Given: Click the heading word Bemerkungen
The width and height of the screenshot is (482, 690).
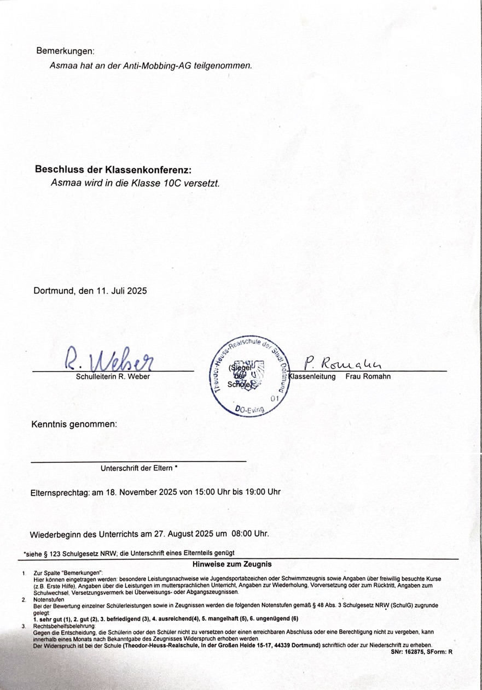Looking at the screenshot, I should (x=65, y=51).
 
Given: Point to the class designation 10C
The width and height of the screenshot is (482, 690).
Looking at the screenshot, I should (x=175, y=183).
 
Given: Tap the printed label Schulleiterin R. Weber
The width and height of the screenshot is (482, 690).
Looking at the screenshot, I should (x=112, y=376).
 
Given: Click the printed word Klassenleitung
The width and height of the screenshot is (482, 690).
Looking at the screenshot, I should (x=312, y=376).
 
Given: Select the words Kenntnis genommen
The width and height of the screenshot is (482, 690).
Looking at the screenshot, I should (x=74, y=424).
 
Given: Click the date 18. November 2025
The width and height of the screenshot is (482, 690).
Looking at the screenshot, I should (x=141, y=492).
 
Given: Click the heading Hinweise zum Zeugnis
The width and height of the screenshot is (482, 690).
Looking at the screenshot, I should (x=232, y=563).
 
